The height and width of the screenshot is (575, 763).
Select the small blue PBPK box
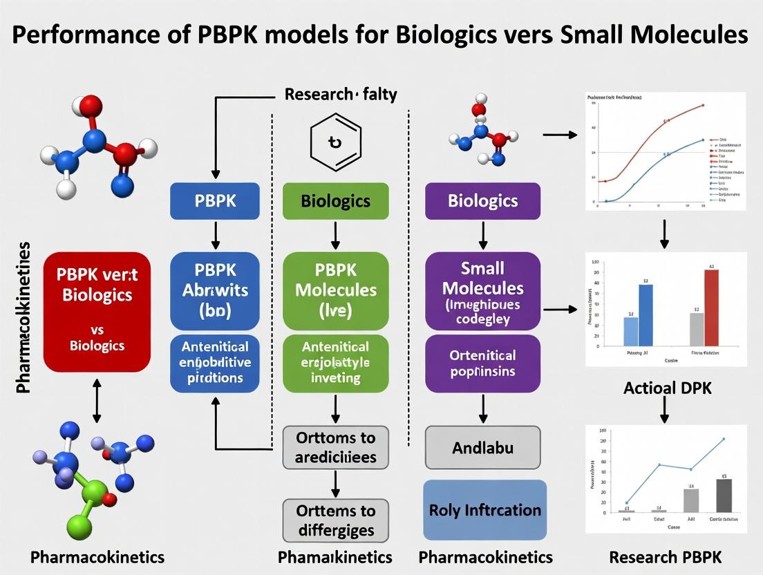pyautogui.click(x=214, y=201)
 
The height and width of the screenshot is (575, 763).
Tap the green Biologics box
pyautogui.click(x=335, y=201)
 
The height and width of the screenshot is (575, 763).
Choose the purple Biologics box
pyautogui.click(x=482, y=201)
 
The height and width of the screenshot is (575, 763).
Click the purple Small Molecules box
pyautogui.click(x=482, y=290)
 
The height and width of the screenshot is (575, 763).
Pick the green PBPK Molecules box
pyautogui.click(x=335, y=290)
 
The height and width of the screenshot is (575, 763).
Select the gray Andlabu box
pyautogui.click(x=482, y=448)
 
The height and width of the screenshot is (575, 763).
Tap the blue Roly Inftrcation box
pyautogui.click(x=484, y=510)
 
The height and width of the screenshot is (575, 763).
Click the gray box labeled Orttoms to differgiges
pyautogui.click(x=335, y=520)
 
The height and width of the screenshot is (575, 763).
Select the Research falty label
pyautogui.click(x=341, y=95)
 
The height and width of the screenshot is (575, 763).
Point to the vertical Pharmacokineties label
pyautogui.click(x=23, y=318)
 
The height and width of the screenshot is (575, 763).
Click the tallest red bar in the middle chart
pyautogui.click(x=710, y=307)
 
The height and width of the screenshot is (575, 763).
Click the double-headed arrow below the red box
pyautogui.click(x=96, y=400)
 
